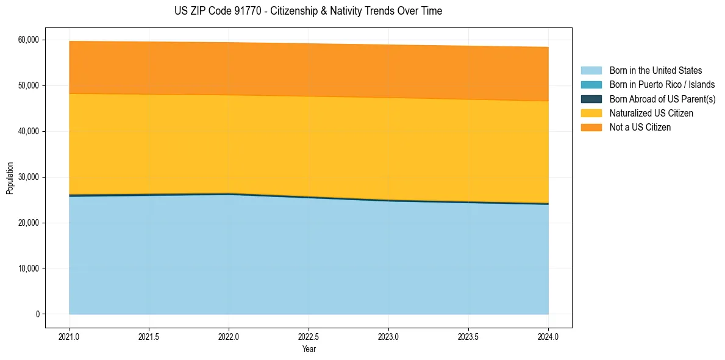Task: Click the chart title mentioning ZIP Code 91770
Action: (308, 11)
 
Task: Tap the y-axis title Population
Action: (10, 178)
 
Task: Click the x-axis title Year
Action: (309, 349)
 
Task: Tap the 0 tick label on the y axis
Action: (37, 314)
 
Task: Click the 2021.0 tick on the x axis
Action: (70, 336)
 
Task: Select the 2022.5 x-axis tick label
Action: (309, 336)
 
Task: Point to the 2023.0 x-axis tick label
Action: (388, 336)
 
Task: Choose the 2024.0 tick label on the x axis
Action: (548, 336)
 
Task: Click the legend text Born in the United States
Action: (655, 71)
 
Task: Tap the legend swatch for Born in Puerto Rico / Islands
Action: (591, 85)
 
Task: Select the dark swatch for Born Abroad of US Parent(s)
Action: (591, 99)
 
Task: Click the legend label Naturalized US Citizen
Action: (651, 113)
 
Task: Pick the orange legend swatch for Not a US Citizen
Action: (591, 128)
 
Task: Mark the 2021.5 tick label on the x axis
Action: (149, 336)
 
